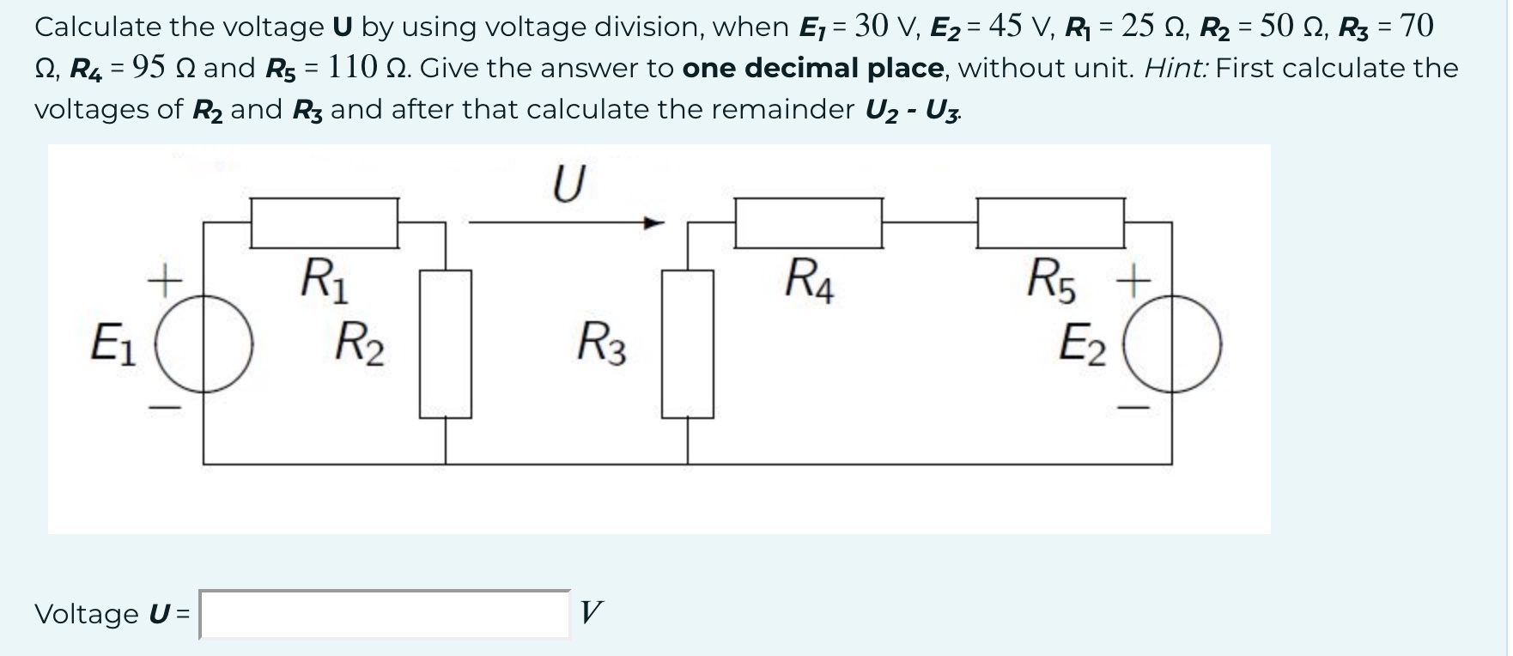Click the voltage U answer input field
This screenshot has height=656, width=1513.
pyautogui.click(x=384, y=614)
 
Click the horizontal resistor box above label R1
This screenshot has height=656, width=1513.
pyautogui.click(x=324, y=223)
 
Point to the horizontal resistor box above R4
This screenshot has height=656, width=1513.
pyautogui.click(x=808, y=223)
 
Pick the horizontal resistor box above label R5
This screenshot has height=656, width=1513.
pyautogui.click(x=1050, y=223)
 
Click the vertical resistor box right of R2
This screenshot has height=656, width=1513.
pyautogui.click(x=445, y=343)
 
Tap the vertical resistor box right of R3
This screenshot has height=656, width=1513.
pyautogui.click(x=687, y=343)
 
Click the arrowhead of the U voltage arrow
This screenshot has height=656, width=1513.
pyautogui.click(x=655, y=223)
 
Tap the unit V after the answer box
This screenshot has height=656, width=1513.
pyautogui.click(x=591, y=613)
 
